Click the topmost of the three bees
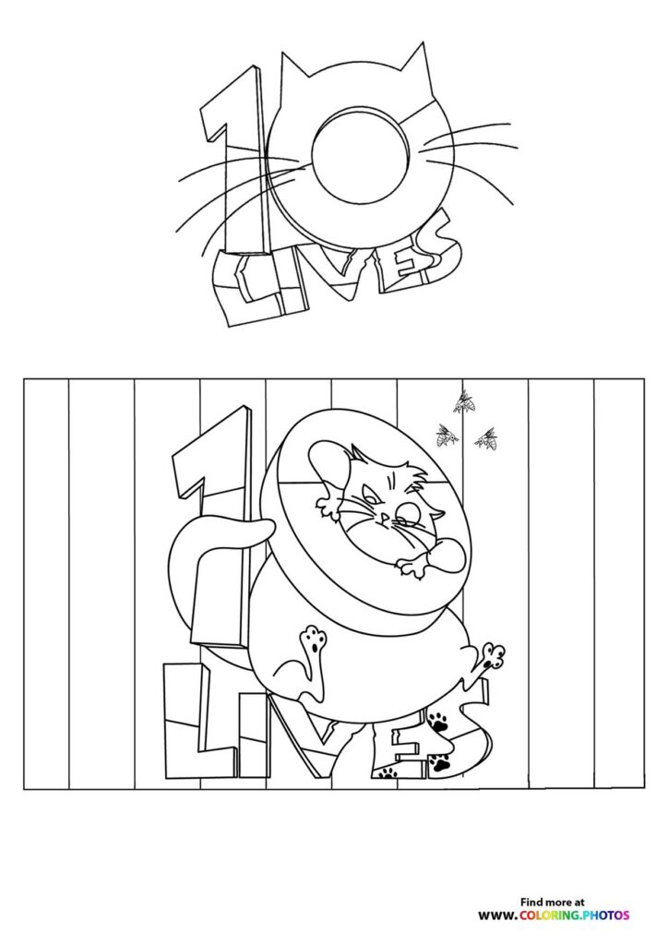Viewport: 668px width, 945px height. coord(464,402)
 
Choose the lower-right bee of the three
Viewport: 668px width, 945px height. coord(486,439)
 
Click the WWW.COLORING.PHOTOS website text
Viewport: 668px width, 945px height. coord(554,915)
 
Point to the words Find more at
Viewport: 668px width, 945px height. coord(554,902)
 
